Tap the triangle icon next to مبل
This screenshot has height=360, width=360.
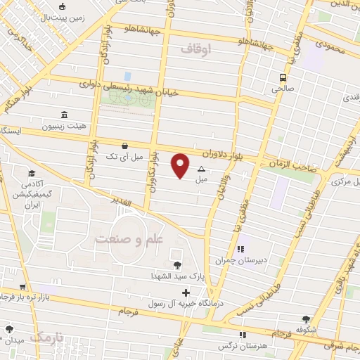pyautogui.click(x=202, y=169)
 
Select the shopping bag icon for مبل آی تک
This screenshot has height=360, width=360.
pyautogui.click(x=124, y=146)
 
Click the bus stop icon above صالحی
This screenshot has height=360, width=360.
pyautogui.click(x=283, y=77)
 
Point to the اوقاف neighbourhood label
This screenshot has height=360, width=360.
pyautogui.click(x=196, y=50)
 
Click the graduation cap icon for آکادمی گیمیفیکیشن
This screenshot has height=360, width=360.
pyautogui.click(x=31, y=174)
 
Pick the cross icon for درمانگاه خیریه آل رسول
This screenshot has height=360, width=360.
pyautogui.click(x=186, y=292)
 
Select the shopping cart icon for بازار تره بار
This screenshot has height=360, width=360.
pyautogui.click(x=23, y=287)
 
